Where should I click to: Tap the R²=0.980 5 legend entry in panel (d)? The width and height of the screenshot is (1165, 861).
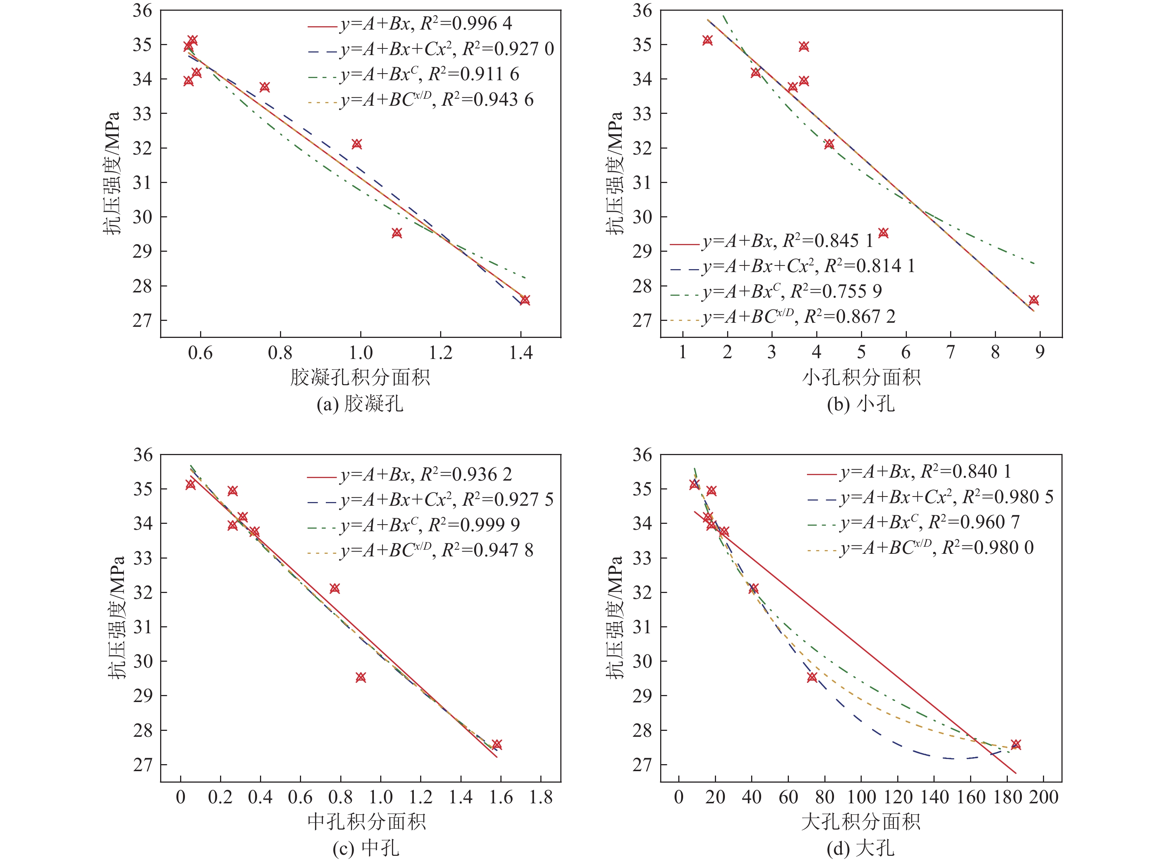(946, 498)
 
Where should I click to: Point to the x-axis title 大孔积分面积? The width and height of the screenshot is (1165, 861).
(861, 822)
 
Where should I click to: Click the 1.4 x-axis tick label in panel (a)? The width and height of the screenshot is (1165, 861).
(521, 353)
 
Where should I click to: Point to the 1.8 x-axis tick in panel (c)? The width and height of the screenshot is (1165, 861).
(541, 797)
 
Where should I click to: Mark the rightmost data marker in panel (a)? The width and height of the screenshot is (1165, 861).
(525, 300)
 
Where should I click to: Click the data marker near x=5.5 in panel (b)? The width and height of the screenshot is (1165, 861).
(883, 233)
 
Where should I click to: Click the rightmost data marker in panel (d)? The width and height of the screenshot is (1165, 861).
(1016, 744)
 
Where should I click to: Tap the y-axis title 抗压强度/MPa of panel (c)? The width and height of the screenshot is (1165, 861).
(117, 618)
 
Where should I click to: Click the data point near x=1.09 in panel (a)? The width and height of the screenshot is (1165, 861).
(397, 233)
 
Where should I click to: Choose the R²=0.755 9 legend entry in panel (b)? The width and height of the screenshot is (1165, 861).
(792, 292)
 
